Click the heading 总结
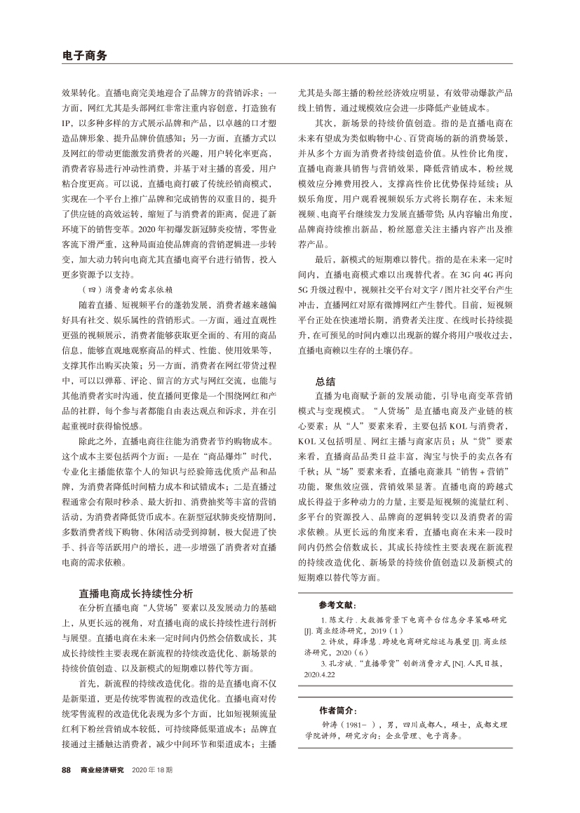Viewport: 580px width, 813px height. point(325,383)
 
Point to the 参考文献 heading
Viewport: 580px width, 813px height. point(337,605)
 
